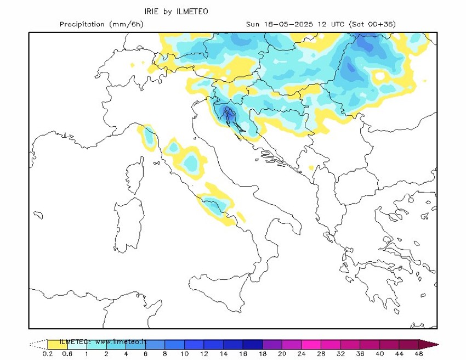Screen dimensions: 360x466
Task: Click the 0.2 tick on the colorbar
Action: click(x=48, y=354)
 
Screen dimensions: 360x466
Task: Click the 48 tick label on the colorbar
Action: click(x=419, y=354)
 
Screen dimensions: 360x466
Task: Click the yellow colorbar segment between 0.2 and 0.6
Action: click(x=58, y=345)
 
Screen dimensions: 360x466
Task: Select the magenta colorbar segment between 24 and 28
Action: click(x=312, y=345)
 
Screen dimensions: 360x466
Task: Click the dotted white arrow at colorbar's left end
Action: click(x=38, y=345)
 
